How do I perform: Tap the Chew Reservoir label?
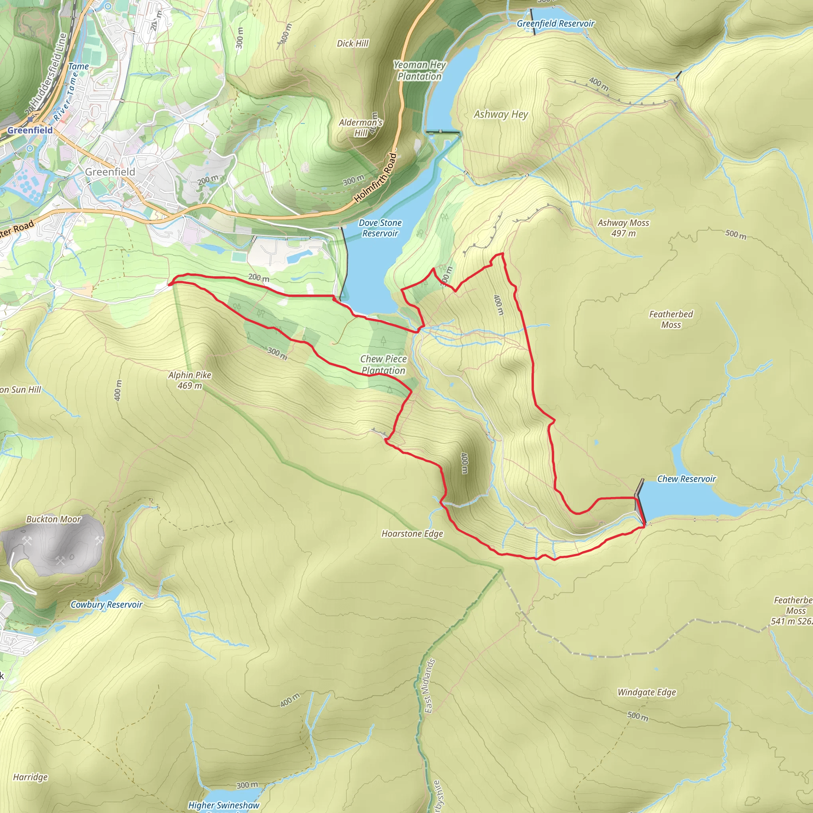686,479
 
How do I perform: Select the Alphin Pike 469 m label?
190,380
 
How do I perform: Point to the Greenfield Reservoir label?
555,23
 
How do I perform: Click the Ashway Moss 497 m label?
623,227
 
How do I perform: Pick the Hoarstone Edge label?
412,534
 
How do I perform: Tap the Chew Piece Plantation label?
383,364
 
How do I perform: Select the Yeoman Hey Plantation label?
420,70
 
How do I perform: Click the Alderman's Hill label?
360,127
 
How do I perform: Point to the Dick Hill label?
353,43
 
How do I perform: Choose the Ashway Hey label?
501,114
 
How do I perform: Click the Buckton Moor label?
54,519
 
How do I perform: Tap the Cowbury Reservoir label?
106,604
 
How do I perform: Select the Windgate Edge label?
647,692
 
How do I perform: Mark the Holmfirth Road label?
376,177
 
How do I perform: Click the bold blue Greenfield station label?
30,131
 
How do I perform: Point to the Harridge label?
30,777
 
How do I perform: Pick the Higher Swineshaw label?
223,805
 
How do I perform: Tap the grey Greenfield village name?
110,171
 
